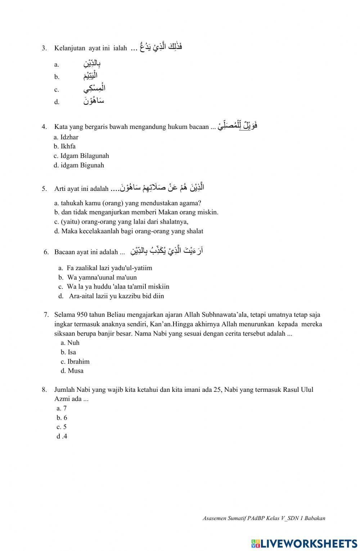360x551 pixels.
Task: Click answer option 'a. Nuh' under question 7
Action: (x=70, y=343)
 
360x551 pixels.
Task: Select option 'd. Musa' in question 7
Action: (x=72, y=371)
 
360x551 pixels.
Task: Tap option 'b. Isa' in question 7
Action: (x=68, y=352)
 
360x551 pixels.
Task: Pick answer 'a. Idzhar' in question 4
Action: (x=66, y=137)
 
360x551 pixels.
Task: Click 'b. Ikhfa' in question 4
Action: (x=65, y=147)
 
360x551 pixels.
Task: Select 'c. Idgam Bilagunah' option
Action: (x=81, y=156)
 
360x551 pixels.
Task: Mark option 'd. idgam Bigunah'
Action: (x=79, y=165)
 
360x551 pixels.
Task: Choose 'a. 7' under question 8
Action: (x=62, y=408)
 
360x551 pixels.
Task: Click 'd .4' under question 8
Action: (x=62, y=436)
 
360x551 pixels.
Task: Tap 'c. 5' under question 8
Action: (x=62, y=427)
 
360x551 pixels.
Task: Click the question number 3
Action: (x=44, y=48)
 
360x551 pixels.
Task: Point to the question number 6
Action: (x=46, y=252)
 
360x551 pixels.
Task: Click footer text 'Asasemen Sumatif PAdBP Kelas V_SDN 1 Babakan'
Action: (x=264, y=519)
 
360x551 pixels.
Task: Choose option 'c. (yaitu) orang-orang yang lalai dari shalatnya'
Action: (x=121, y=222)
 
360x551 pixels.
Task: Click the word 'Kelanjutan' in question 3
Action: (x=70, y=48)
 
